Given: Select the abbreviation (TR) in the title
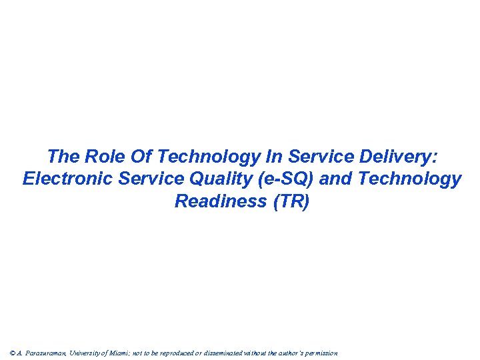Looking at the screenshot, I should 291,201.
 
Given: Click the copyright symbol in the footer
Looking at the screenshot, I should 13,353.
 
